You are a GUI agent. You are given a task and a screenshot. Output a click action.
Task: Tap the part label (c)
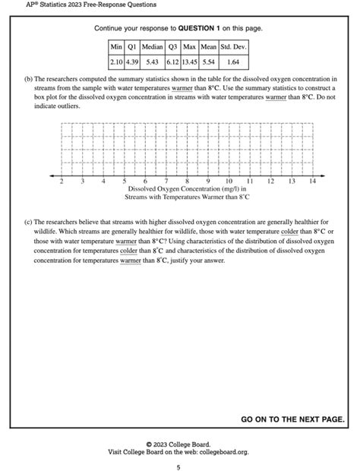tap(28, 223)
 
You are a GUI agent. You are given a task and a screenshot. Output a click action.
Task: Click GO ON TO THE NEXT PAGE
tap(292, 419)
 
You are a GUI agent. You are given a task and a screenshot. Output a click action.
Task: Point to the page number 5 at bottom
tap(178, 466)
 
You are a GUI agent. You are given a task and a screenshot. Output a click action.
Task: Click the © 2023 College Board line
tap(178, 444)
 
